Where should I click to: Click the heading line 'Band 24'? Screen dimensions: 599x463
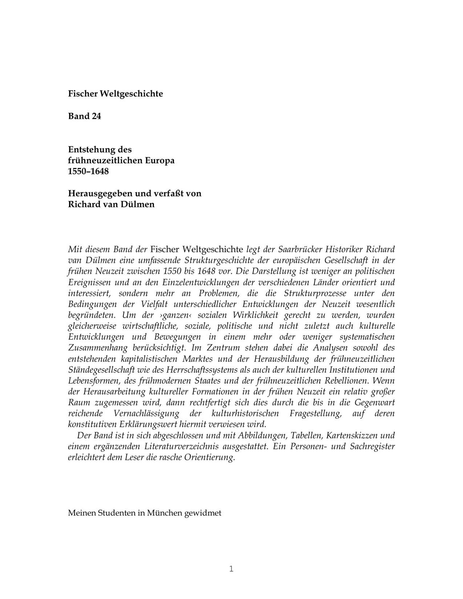(x=84, y=116)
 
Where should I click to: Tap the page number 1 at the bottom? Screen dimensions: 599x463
(x=231, y=569)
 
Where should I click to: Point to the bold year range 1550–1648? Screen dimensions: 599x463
(x=88, y=171)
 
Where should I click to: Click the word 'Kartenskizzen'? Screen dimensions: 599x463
(x=352, y=436)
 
